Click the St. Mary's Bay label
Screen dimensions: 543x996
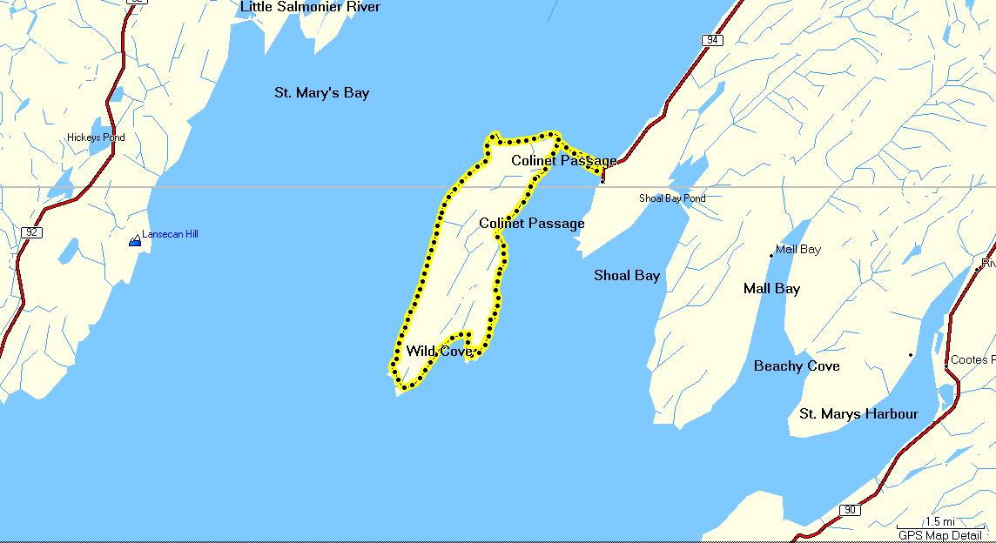pyautogui.click(x=321, y=92)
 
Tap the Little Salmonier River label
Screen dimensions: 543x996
pyautogui.click(x=310, y=7)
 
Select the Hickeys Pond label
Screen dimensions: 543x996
pyautogui.click(x=96, y=137)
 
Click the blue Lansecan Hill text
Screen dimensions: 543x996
pyautogui.click(x=170, y=234)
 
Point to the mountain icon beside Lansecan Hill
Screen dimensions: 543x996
pyautogui.click(x=135, y=240)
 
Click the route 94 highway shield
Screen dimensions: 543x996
pyautogui.click(x=713, y=40)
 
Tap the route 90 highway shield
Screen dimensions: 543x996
pyautogui.click(x=850, y=510)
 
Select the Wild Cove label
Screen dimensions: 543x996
pyautogui.click(x=439, y=352)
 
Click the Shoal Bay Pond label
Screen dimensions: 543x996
pyautogui.click(x=672, y=198)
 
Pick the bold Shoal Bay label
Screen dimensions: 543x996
pyautogui.click(x=627, y=275)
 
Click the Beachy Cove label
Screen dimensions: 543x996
pyautogui.click(x=797, y=365)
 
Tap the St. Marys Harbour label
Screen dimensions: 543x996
pyautogui.click(x=858, y=413)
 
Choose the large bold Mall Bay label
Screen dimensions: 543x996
pyautogui.click(x=771, y=288)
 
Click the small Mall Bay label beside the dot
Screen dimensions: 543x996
pyautogui.click(x=797, y=250)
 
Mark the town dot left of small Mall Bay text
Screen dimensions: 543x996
pyautogui.click(x=771, y=256)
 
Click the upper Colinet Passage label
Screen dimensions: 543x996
pyautogui.click(x=563, y=160)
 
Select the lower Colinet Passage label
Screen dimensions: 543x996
pyautogui.click(x=531, y=223)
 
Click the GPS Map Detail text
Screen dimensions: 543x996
pyautogui.click(x=939, y=535)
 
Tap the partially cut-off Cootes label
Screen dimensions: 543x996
pyautogui.click(x=970, y=359)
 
